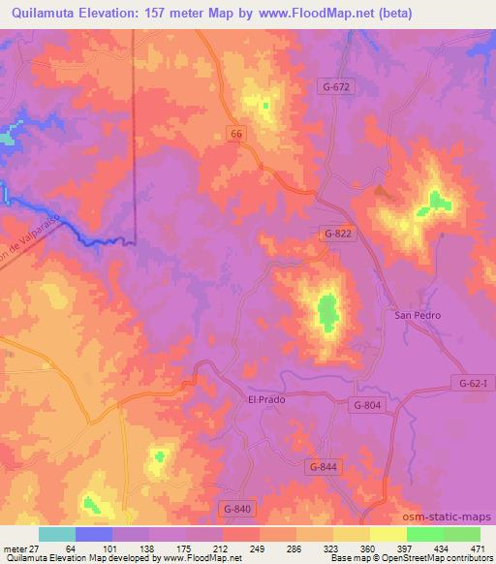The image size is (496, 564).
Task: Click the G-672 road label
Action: click(x=338, y=86)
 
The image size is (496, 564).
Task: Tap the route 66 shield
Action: click(x=237, y=134)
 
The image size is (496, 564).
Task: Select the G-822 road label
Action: click(x=339, y=234)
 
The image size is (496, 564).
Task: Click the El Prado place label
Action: click(x=268, y=398)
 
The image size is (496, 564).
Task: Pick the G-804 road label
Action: click(x=370, y=405)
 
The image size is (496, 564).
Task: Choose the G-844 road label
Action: click(x=324, y=467)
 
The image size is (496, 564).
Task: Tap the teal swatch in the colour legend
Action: click(x=57, y=534)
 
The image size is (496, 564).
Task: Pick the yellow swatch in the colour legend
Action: click(x=387, y=534)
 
